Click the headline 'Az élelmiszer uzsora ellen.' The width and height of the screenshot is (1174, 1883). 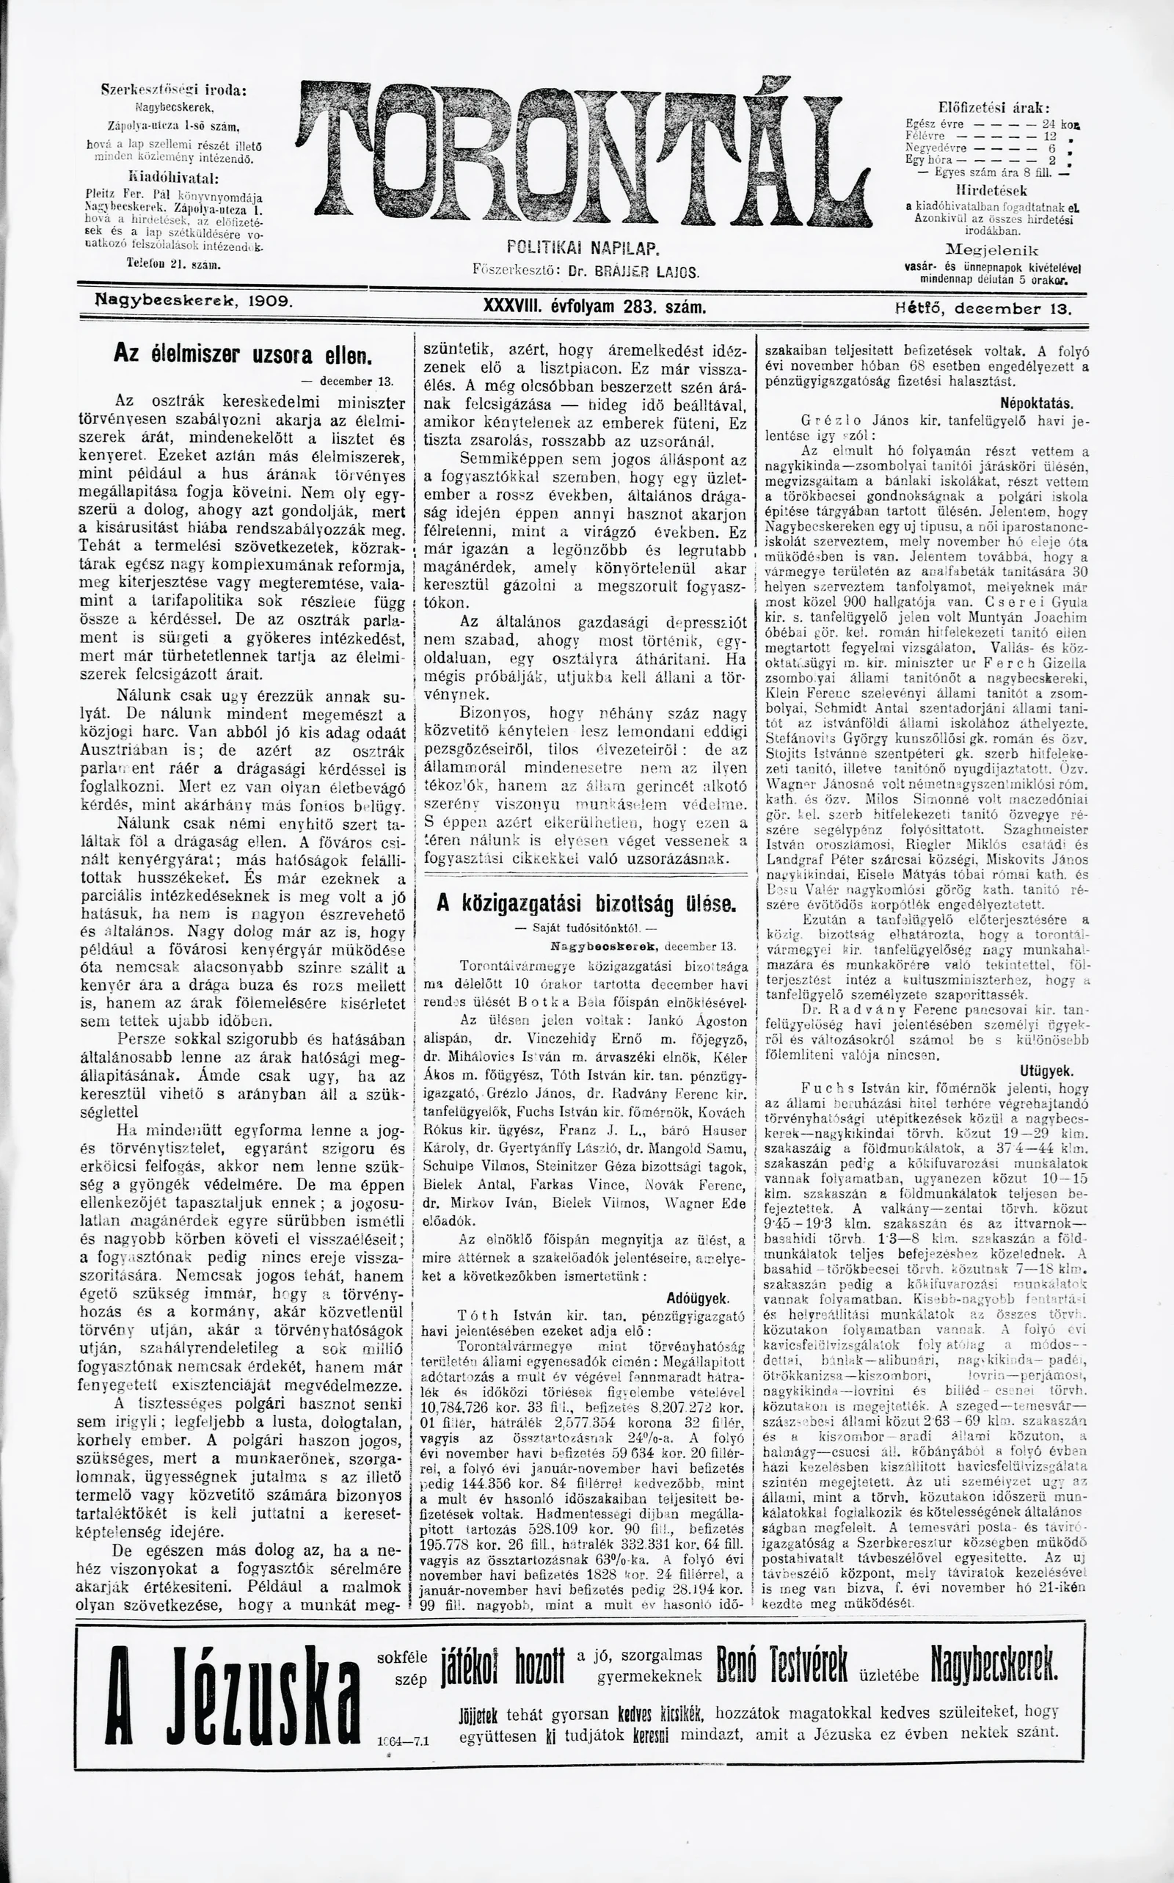click(x=243, y=354)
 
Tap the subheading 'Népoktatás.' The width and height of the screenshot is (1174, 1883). click(x=1038, y=404)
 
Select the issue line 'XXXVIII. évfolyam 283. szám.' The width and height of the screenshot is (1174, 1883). click(x=595, y=307)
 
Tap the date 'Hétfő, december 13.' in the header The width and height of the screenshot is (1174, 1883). click(x=982, y=307)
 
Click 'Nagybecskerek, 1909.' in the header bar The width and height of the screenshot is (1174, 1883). click(x=192, y=299)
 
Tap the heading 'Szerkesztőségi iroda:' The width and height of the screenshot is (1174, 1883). click(x=175, y=91)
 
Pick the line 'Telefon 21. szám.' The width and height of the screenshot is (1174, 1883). click(x=174, y=264)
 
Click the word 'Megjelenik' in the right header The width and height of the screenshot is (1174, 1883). click(x=992, y=250)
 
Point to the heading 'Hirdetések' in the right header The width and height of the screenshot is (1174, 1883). click(x=992, y=190)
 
